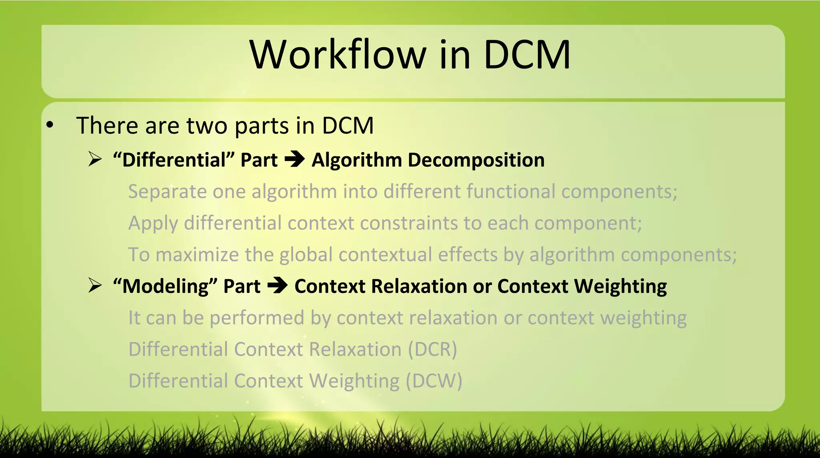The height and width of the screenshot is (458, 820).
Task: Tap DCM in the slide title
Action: tap(527, 54)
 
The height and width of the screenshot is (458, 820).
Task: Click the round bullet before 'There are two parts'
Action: tap(50, 125)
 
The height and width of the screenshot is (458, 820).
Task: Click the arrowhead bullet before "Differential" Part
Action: tap(95, 159)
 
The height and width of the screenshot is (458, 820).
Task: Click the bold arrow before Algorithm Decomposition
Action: tap(294, 159)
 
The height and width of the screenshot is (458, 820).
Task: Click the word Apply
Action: tap(153, 223)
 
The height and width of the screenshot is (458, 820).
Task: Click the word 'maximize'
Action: tap(197, 255)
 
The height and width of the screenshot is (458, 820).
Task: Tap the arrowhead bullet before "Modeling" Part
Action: tap(95, 286)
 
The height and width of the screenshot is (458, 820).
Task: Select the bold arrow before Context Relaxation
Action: tap(277, 286)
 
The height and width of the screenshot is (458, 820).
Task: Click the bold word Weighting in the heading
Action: tap(620, 287)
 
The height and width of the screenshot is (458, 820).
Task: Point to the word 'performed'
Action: tap(257, 318)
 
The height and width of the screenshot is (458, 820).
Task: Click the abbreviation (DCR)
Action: tap(432, 349)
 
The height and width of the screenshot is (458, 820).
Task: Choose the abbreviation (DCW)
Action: tap(434, 381)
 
